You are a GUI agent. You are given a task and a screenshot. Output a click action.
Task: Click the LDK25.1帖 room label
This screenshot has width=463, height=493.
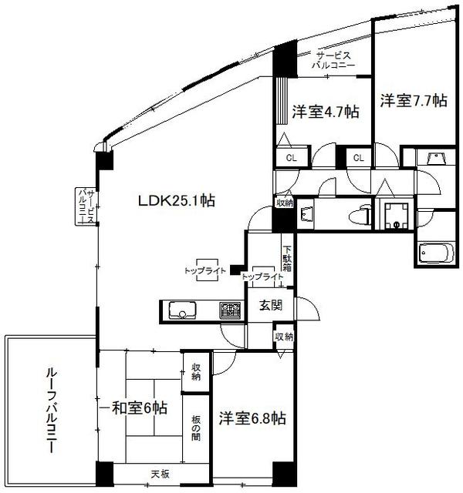pyautogui.click(x=176, y=202)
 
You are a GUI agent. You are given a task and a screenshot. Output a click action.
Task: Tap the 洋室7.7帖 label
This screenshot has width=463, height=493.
pyautogui.click(x=412, y=100)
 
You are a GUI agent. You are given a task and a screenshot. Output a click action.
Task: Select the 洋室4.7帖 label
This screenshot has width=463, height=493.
pyautogui.click(x=325, y=111)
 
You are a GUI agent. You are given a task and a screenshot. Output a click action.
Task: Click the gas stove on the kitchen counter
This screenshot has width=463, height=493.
pyautogui.click(x=230, y=310)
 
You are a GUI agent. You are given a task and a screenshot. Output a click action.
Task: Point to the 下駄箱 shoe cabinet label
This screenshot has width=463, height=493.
pyautogui.click(x=286, y=258)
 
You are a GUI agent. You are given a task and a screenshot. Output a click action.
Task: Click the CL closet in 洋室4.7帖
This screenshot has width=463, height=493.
pyautogui.click(x=292, y=158)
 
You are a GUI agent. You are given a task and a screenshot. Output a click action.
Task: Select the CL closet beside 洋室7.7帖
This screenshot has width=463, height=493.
pyautogui.click(x=358, y=158)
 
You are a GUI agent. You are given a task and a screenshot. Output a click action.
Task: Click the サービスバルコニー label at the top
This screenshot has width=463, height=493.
pyautogui.click(x=333, y=61)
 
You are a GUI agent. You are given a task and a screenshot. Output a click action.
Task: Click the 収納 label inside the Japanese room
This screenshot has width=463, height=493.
pyautogui.click(x=195, y=372)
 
